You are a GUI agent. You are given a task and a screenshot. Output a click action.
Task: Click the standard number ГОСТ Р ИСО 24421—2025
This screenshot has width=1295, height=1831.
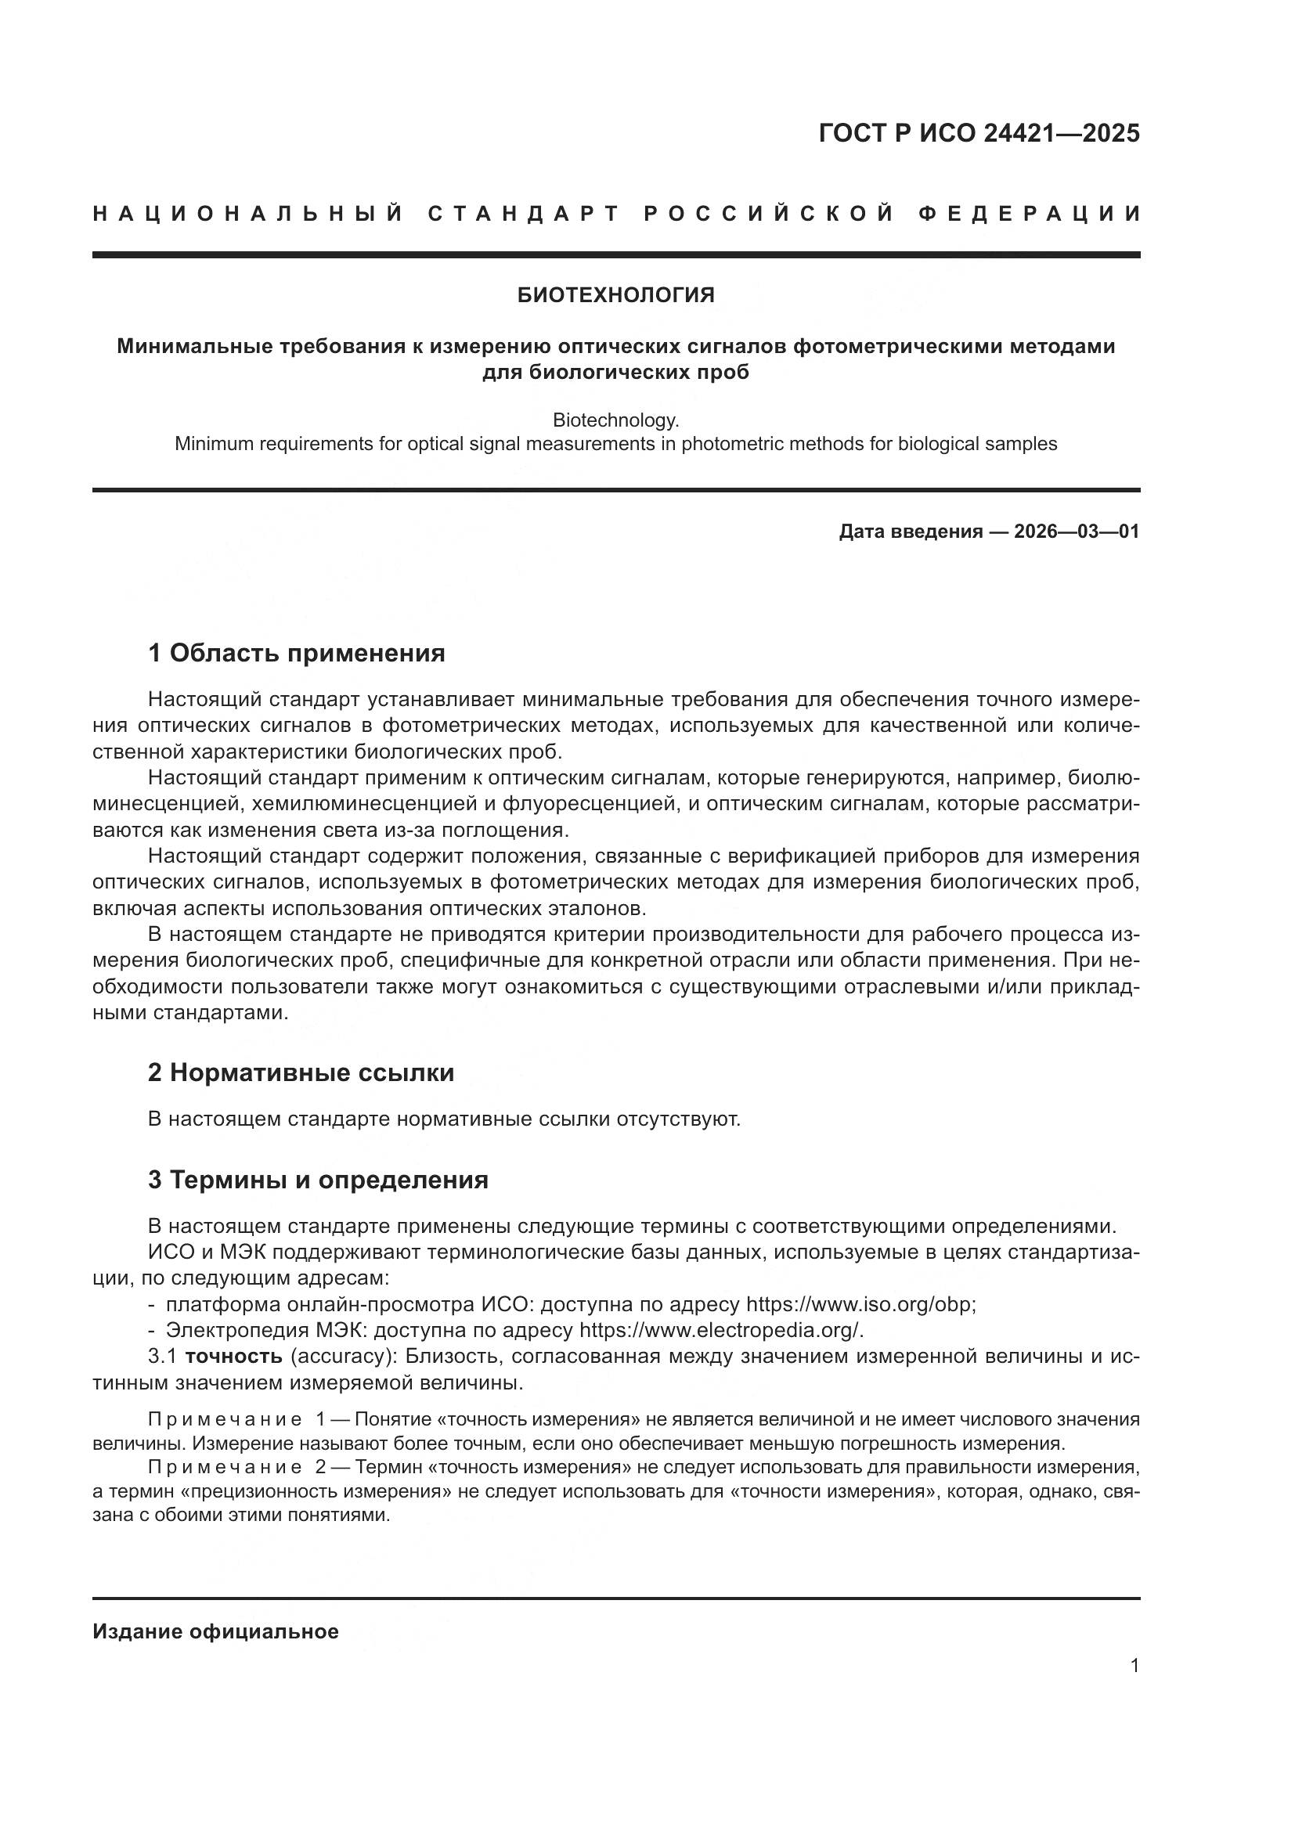(979, 133)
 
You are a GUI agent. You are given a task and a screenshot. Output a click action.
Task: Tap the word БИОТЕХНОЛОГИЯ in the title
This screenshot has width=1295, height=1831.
(615, 296)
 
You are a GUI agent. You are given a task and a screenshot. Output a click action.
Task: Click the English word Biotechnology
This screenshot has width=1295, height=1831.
(615, 420)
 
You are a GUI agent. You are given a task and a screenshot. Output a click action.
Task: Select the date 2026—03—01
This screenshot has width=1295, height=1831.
(1077, 532)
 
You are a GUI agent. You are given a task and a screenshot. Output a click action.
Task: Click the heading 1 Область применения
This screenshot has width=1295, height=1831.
(296, 654)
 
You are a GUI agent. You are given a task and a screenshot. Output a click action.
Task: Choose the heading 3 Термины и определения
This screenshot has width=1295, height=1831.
(317, 1180)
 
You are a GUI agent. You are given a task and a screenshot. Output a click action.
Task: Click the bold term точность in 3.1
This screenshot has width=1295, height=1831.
(233, 1357)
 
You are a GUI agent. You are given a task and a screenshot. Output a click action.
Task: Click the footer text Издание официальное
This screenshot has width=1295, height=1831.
(215, 1631)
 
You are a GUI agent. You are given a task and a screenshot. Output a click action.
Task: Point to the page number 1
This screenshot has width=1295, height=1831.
(1134, 1665)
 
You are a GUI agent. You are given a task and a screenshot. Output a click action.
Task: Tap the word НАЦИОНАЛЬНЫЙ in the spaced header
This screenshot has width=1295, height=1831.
(248, 214)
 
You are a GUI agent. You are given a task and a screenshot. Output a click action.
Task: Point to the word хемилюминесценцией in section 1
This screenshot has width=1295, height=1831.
(359, 804)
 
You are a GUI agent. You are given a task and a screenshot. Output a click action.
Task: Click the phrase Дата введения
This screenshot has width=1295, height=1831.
(910, 532)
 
